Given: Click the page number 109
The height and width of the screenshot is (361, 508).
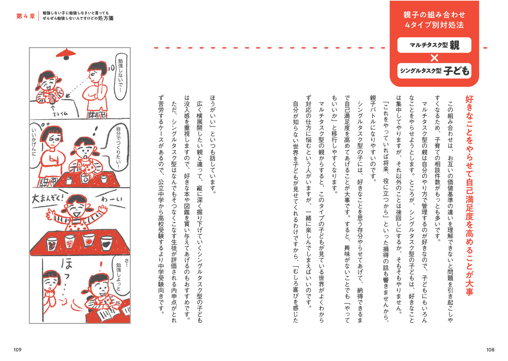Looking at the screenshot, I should point(17,349).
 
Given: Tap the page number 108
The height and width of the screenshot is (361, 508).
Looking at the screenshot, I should point(490,349).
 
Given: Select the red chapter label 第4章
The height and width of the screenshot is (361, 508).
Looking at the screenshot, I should point(26,16).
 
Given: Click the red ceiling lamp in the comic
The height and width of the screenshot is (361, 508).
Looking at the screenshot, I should point(66,53).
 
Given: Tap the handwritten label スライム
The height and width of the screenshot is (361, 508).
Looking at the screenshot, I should point(60,114).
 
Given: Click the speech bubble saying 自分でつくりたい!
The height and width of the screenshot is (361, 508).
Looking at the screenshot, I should point(118,148).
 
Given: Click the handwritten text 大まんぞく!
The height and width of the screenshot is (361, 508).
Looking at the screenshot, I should point(47,198).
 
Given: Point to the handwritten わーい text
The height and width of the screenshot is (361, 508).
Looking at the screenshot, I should point(111,199).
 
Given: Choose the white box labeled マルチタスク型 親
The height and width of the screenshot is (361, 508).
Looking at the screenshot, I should point(434,45).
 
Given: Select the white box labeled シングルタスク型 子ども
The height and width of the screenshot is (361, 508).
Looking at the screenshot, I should point(434,71).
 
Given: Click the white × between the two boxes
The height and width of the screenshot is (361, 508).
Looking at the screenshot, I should point(434,58).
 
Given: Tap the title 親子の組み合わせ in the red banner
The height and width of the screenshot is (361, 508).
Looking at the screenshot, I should point(434,15).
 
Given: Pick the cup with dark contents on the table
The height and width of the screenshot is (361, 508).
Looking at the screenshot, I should point(106,243).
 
